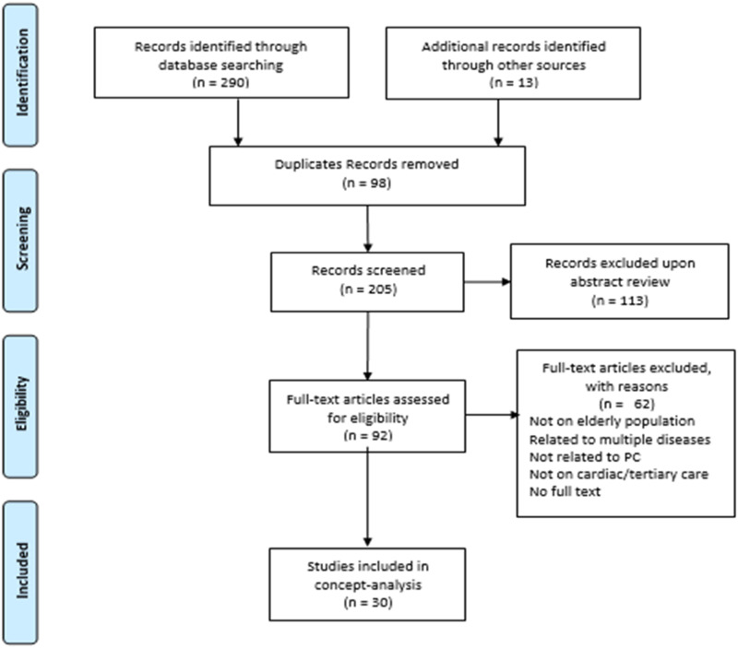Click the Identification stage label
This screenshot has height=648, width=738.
[21, 73]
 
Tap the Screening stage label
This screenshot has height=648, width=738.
[22, 239]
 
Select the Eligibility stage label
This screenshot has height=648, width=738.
[21, 404]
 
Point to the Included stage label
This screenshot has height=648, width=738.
[21, 571]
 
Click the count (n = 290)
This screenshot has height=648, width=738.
[220, 83]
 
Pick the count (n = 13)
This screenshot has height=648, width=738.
[514, 83]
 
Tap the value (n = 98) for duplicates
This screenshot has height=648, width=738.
[366, 183]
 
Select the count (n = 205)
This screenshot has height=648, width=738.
[368, 289]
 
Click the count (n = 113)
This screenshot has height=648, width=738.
[620, 300]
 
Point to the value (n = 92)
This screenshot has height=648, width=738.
[368, 436]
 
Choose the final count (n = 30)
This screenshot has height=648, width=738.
[368, 603]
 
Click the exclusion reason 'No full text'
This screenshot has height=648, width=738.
[565, 492]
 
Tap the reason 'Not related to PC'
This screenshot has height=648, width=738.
[585, 457]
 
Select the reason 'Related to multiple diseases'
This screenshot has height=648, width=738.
[620, 440]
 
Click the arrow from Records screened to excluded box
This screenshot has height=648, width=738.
[487, 282]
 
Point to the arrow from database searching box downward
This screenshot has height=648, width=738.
[238, 123]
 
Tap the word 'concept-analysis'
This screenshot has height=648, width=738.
[368, 585]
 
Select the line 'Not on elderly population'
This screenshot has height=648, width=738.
[612, 421]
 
